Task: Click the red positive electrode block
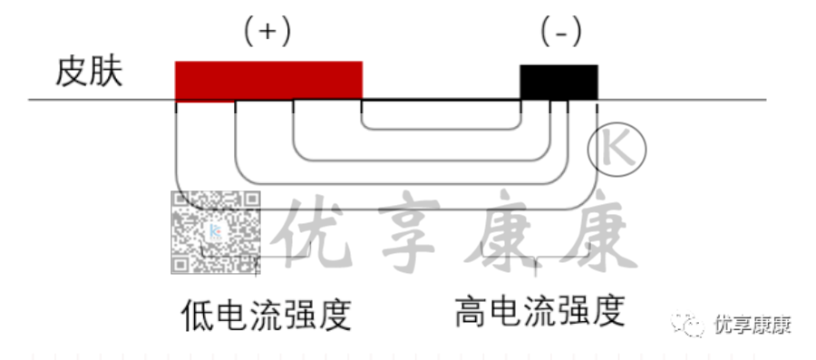tap(268, 80)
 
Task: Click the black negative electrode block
tap(559, 82)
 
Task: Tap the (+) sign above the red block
tap(267, 32)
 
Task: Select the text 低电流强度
tap(266, 316)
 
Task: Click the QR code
tap(216, 232)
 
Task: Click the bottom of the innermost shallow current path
tap(442, 129)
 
